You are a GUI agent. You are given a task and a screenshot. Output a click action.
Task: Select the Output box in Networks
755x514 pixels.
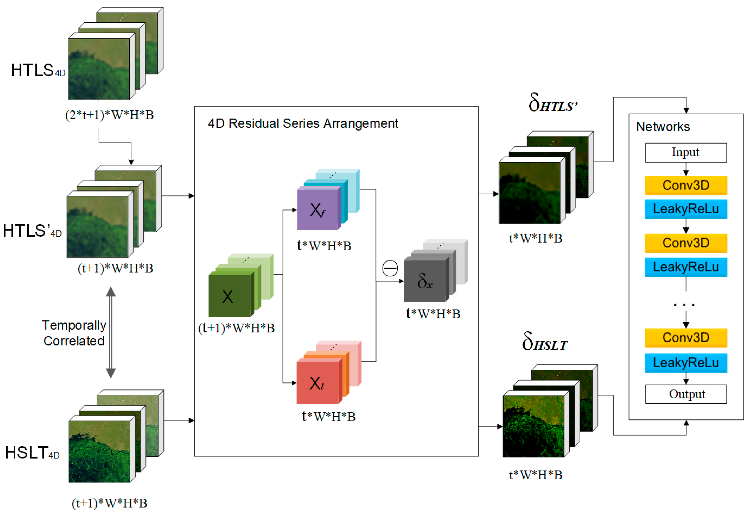click(x=685, y=394)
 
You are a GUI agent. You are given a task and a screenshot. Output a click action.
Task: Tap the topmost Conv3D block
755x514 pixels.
click(x=685, y=185)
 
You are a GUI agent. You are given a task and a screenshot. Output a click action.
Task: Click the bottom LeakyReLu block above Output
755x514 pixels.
click(x=685, y=362)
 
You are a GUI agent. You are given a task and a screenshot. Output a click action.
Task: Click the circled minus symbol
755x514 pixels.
click(x=390, y=268)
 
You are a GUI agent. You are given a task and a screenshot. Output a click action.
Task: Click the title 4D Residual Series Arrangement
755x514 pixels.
click(x=303, y=124)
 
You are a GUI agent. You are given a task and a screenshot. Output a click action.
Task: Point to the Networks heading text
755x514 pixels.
click(x=663, y=127)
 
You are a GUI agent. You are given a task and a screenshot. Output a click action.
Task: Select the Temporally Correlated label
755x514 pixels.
click(x=74, y=333)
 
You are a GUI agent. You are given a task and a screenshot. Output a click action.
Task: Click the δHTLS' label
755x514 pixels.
click(x=552, y=103)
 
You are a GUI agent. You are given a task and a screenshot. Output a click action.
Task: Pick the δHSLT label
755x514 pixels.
click(x=545, y=342)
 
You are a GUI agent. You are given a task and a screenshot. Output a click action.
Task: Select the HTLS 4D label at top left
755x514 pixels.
click(x=38, y=71)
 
